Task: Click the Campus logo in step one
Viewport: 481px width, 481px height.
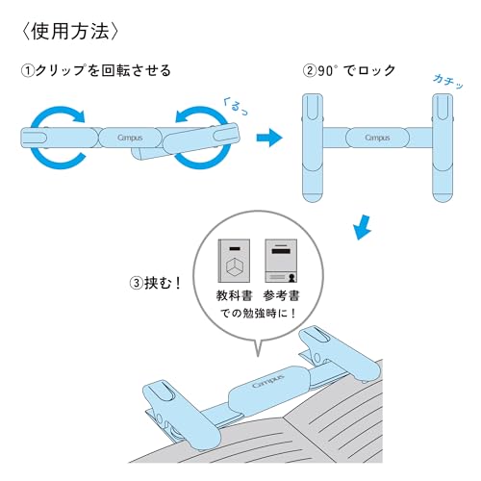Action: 127,138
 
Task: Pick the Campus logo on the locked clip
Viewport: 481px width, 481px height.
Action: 377,138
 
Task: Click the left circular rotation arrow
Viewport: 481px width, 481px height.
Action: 56,138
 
